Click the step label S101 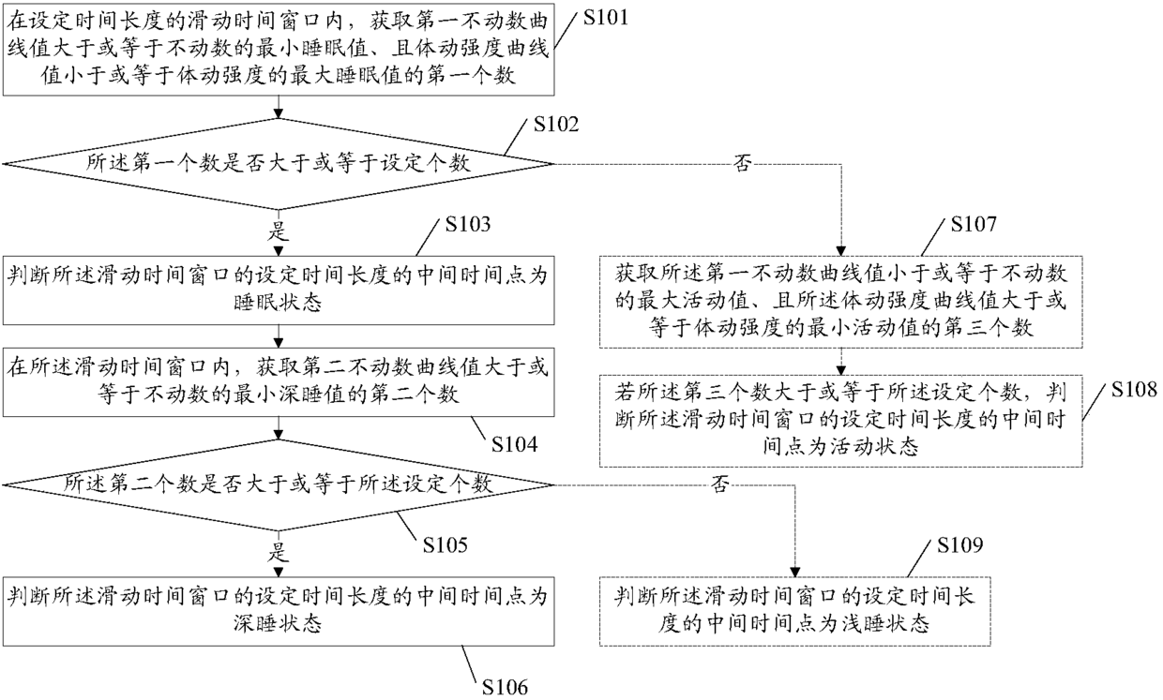click(x=605, y=18)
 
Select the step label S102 click(x=556, y=125)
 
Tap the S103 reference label click(x=468, y=224)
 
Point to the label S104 click(x=515, y=445)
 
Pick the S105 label click(x=445, y=544)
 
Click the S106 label click(x=505, y=687)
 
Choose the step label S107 click(x=974, y=224)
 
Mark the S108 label click(x=1134, y=390)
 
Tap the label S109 click(x=960, y=544)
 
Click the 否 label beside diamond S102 click(x=742, y=164)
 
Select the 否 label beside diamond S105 click(x=720, y=484)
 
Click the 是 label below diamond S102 click(x=279, y=231)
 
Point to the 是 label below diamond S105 click(x=279, y=552)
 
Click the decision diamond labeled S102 click(x=279, y=164)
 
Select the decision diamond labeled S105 click(x=279, y=485)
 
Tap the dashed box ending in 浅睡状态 click(x=795, y=611)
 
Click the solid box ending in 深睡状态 click(x=279, y=611)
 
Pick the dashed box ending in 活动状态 click(x=841, y=421)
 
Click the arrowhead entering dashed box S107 click(x=841, y=251)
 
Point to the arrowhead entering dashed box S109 click(x=795, y=572)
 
